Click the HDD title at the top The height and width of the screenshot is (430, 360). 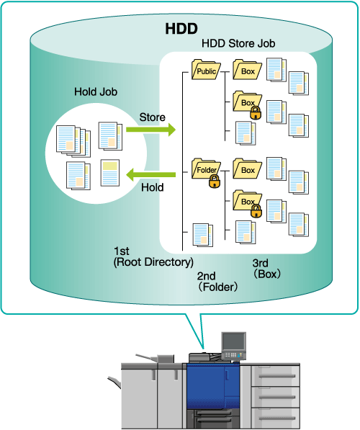(181, 29)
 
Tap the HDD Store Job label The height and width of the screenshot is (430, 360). (238, 44)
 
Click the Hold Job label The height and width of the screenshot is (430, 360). (96, 91)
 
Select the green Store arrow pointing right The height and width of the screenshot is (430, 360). (150, 130)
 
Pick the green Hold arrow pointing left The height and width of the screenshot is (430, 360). (150, 175)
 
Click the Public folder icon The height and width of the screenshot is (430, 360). (206, 70)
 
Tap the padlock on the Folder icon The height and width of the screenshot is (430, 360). (215, 181)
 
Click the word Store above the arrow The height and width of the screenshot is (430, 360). (152, 117)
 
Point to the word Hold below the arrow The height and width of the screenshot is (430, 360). (152, 187)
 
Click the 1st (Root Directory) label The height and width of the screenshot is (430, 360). (153, 256)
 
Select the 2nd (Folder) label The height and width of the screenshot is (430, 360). (217, 282)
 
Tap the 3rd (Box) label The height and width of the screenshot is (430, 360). (266, 269)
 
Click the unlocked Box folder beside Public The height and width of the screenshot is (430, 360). (247, 70)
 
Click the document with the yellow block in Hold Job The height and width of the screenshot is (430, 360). (110, 173)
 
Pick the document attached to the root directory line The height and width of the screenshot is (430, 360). (203, 235)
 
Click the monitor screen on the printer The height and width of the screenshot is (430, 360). (233, 341)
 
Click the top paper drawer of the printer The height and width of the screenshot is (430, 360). (275, 376)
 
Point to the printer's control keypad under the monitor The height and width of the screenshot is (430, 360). (233, 355)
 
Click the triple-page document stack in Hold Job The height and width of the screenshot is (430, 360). (73, 141)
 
